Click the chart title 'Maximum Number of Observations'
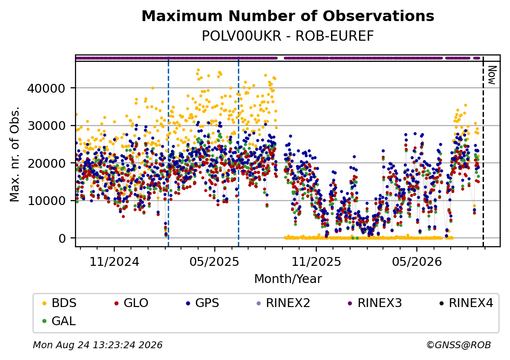tap(288, 16)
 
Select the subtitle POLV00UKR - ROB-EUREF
tap(288, 36)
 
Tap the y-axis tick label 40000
tap(47, 88)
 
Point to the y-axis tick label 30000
tap(47, 126)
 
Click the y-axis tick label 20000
tap(47, 163)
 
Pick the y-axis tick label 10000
tap(47, 201)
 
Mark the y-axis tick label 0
tap(62, 238)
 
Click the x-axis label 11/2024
tap(114, 261)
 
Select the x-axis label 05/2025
tap(215, 261)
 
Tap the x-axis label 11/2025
tap(316, 261)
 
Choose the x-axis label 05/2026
tap(417, 261)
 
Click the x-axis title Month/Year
tap(288, 279)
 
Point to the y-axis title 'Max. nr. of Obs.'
tap(15, 154)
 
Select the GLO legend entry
tap(131, 303)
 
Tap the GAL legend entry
tap(59, 321)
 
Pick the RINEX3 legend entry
tap(375, 303)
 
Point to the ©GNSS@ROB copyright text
tap(459, 345)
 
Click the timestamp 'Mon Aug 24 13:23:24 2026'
tap(98, 345)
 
